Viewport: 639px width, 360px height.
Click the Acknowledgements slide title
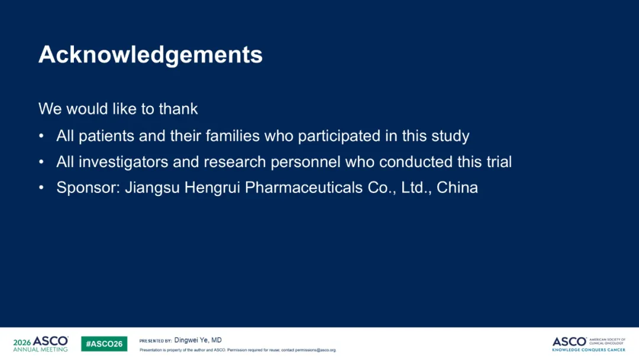tap(150, 55)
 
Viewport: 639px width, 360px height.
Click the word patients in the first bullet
tap(106, 136)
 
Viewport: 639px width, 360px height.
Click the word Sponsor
tap(88, 188)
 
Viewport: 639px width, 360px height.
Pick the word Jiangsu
tap(152, 188)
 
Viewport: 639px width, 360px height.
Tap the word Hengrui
tap(212, 188)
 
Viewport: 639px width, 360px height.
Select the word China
tap(457, 188)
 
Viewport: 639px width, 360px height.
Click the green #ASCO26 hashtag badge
tap(104, 343)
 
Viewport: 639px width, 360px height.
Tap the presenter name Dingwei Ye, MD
tap(198, 340)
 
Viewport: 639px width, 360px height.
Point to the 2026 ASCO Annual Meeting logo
tap(41, 343)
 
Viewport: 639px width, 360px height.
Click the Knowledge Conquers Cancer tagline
tap(589, 350)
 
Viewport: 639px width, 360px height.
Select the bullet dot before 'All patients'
tap(41, 136)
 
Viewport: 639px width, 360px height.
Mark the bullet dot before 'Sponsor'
tap(41, 188)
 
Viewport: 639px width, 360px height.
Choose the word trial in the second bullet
tap(499, 162)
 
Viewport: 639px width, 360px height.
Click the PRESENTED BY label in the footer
tap(155, 341)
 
